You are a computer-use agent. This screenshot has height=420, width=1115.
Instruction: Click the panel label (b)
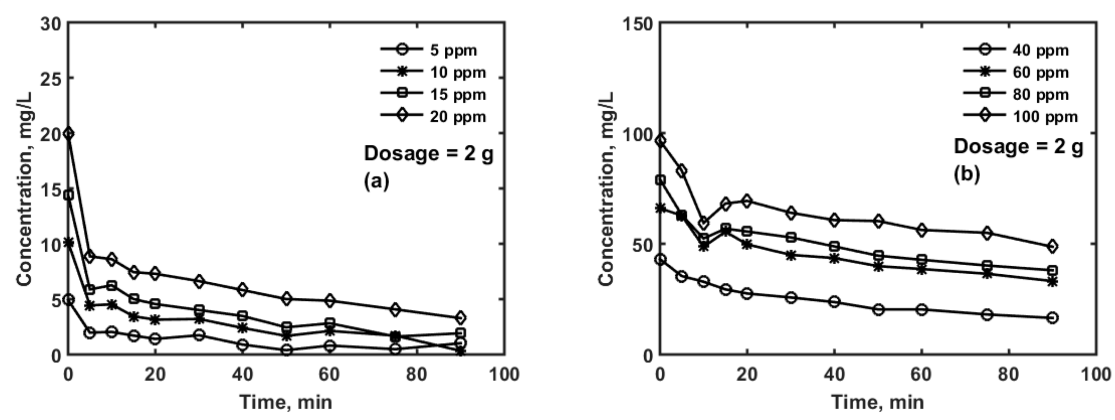point(967,174)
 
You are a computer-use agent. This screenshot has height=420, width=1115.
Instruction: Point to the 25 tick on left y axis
point(51,79)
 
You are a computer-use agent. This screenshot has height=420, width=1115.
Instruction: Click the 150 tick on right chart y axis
point(637,24)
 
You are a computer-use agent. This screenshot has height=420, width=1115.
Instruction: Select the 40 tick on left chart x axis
point(242,374)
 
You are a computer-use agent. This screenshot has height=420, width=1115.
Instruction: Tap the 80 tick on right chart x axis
point(1009,374)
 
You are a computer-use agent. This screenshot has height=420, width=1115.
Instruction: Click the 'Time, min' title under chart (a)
point(286,402)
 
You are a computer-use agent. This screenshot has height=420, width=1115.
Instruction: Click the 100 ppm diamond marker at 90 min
point(1053,246)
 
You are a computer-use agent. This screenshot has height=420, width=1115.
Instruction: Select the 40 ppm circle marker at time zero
point(661,259)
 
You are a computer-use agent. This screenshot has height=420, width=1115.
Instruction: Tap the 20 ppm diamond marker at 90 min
point(460,317)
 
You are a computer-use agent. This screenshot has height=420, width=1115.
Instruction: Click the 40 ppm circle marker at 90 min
point(1053,317)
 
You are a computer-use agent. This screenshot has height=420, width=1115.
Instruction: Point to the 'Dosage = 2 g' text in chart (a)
point(428,154)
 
